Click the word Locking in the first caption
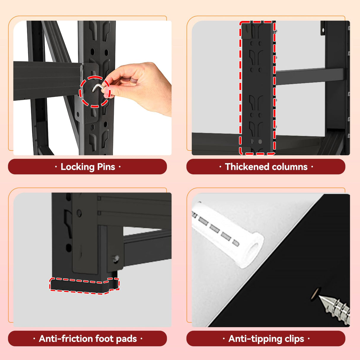click(x=77, y=167)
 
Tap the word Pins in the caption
click(x=106, y=167)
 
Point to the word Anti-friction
click(x=66, y=339)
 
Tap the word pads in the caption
click(x=127, y=339)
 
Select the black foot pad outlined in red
click(x=84, y=285)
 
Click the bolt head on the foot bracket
click(x=116, y=259)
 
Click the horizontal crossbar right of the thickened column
click(x=310, y=77)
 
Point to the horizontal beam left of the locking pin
click(x=48, y=80)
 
